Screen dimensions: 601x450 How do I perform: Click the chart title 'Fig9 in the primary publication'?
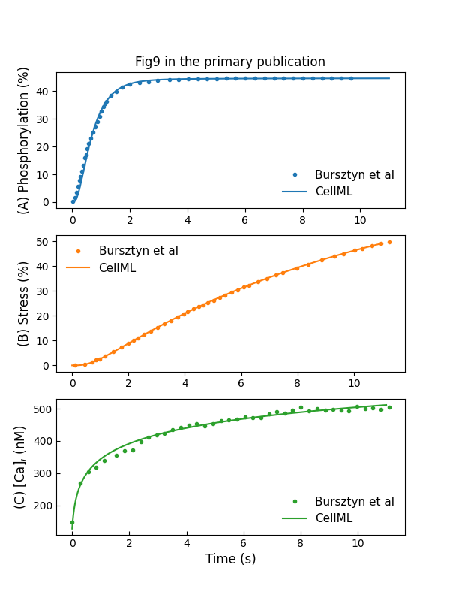pos(230,62)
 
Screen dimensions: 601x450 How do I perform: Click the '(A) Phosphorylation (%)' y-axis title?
pos(24,140)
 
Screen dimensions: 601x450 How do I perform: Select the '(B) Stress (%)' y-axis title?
pos(24,304)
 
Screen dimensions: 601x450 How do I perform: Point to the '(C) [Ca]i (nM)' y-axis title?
pos(20,467)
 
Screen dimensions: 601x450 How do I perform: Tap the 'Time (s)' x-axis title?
pos(230,558)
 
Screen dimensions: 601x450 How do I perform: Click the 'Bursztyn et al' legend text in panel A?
pos(354,175)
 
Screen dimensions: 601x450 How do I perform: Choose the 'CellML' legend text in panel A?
pos(334,192)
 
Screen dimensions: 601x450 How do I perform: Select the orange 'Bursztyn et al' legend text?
pos(138,251)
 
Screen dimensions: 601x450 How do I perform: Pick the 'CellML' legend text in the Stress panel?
pos(118,267)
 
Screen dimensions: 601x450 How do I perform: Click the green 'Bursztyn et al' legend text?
pos(354,502)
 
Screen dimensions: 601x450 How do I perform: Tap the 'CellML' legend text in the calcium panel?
pos(334,518)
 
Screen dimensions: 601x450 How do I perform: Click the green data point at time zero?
pos(73,522)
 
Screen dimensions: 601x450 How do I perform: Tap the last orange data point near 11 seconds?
pos(389,242)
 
